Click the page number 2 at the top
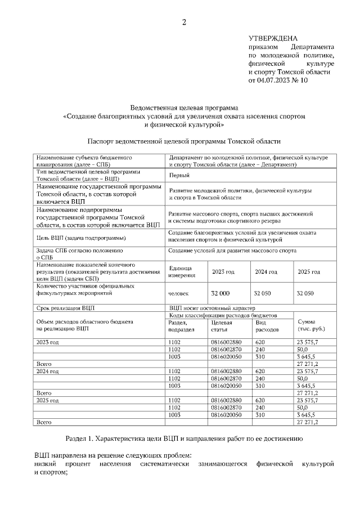[183, 23]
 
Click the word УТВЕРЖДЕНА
[273, 38]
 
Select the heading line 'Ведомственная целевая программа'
[184, 107]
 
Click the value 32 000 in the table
[220, 293]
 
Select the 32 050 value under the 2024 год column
[262, 293]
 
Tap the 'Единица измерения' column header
[181, 271]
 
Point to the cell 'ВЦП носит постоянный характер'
[212, 308]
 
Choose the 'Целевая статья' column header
[221, 325]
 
